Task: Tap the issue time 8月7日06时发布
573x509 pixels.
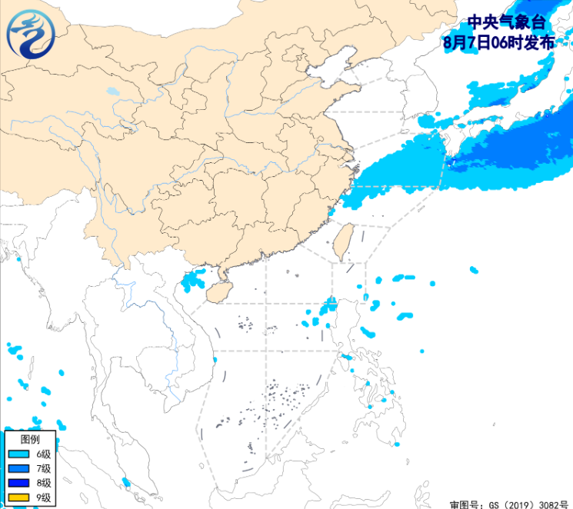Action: [x=498, y=43]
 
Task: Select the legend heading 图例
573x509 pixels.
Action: [x=29, y=439]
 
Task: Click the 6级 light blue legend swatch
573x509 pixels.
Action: [x=18, y=454]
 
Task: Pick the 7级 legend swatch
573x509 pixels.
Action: [x=18, y=468]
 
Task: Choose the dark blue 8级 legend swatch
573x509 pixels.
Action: [x=18, y=483]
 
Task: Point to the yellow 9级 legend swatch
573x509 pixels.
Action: [x=18, y=497]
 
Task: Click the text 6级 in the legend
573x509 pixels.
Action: [x=43, y=454]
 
